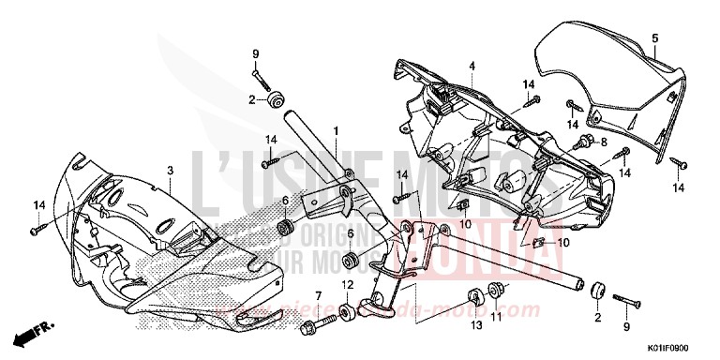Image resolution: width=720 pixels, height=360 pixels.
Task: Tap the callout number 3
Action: tap(170, 170)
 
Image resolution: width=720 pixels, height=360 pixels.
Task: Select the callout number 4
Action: tap(472, 65)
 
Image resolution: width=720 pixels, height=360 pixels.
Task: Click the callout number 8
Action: tap(604, 142)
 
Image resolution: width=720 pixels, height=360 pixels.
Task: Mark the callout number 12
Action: tap(348, 285)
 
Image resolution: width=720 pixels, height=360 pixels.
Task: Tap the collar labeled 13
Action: tap(475, 298)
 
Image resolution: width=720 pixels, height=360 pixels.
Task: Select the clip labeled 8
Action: tap(584, 142)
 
